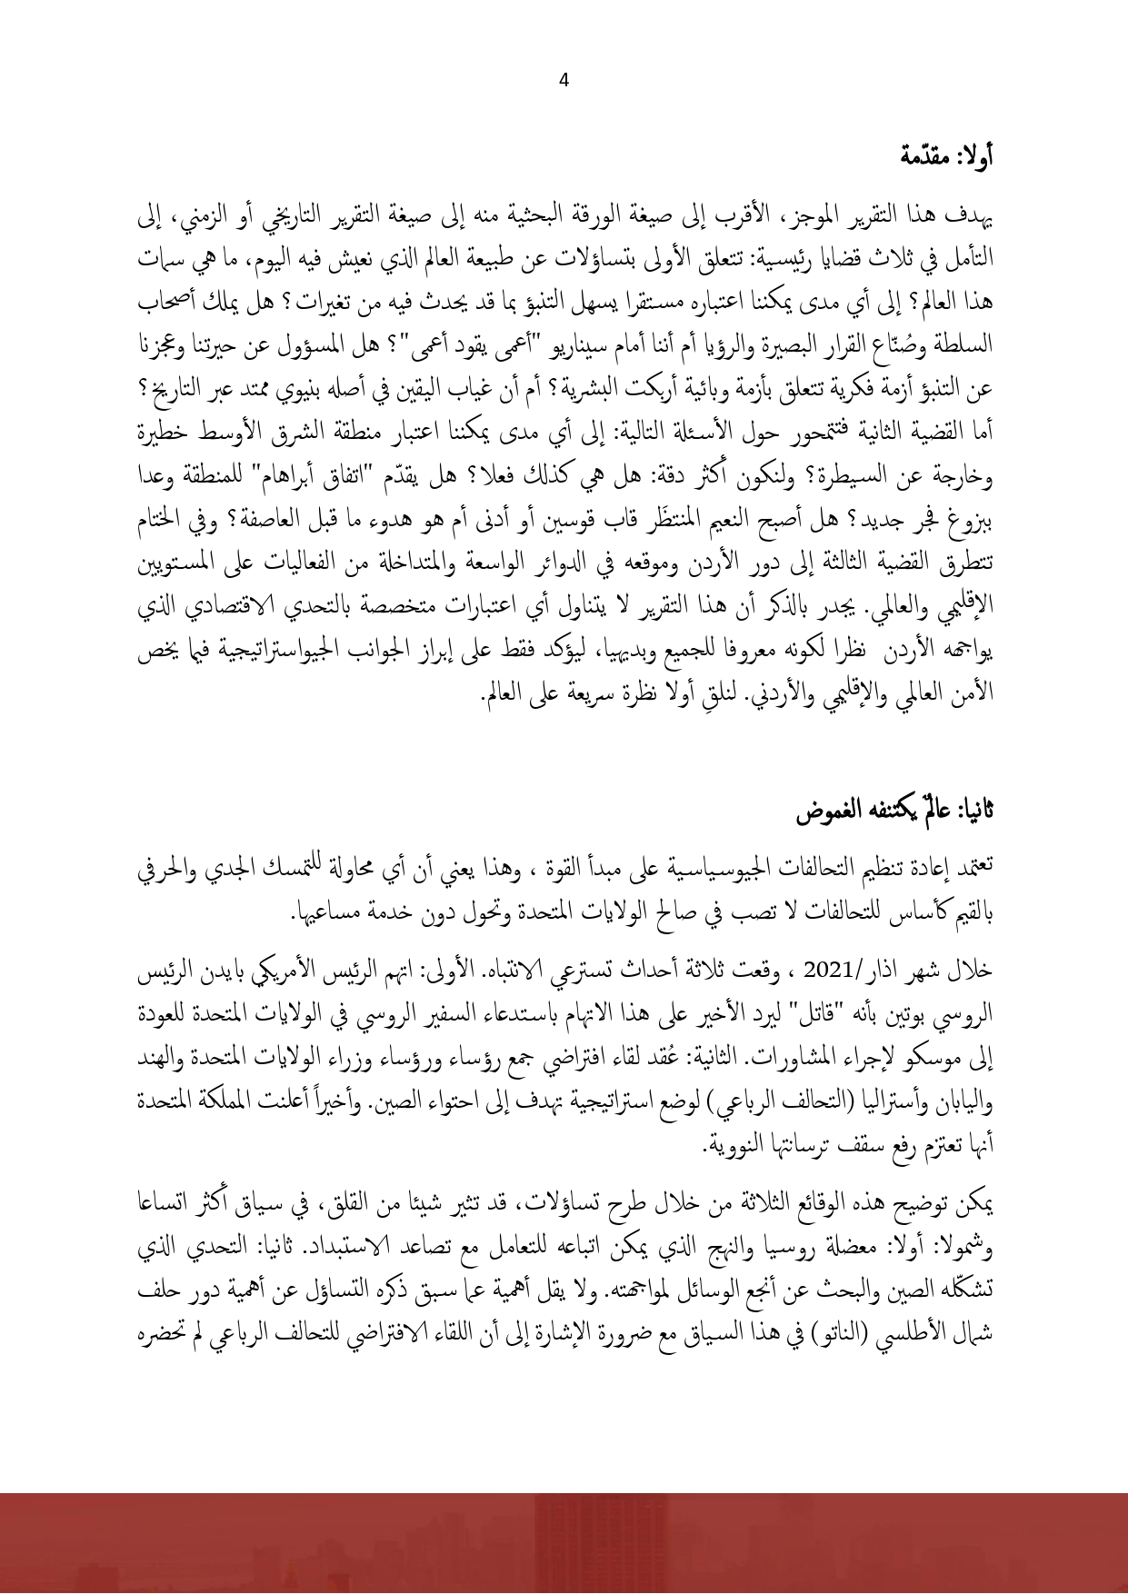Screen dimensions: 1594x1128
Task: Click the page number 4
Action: point(564,81)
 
